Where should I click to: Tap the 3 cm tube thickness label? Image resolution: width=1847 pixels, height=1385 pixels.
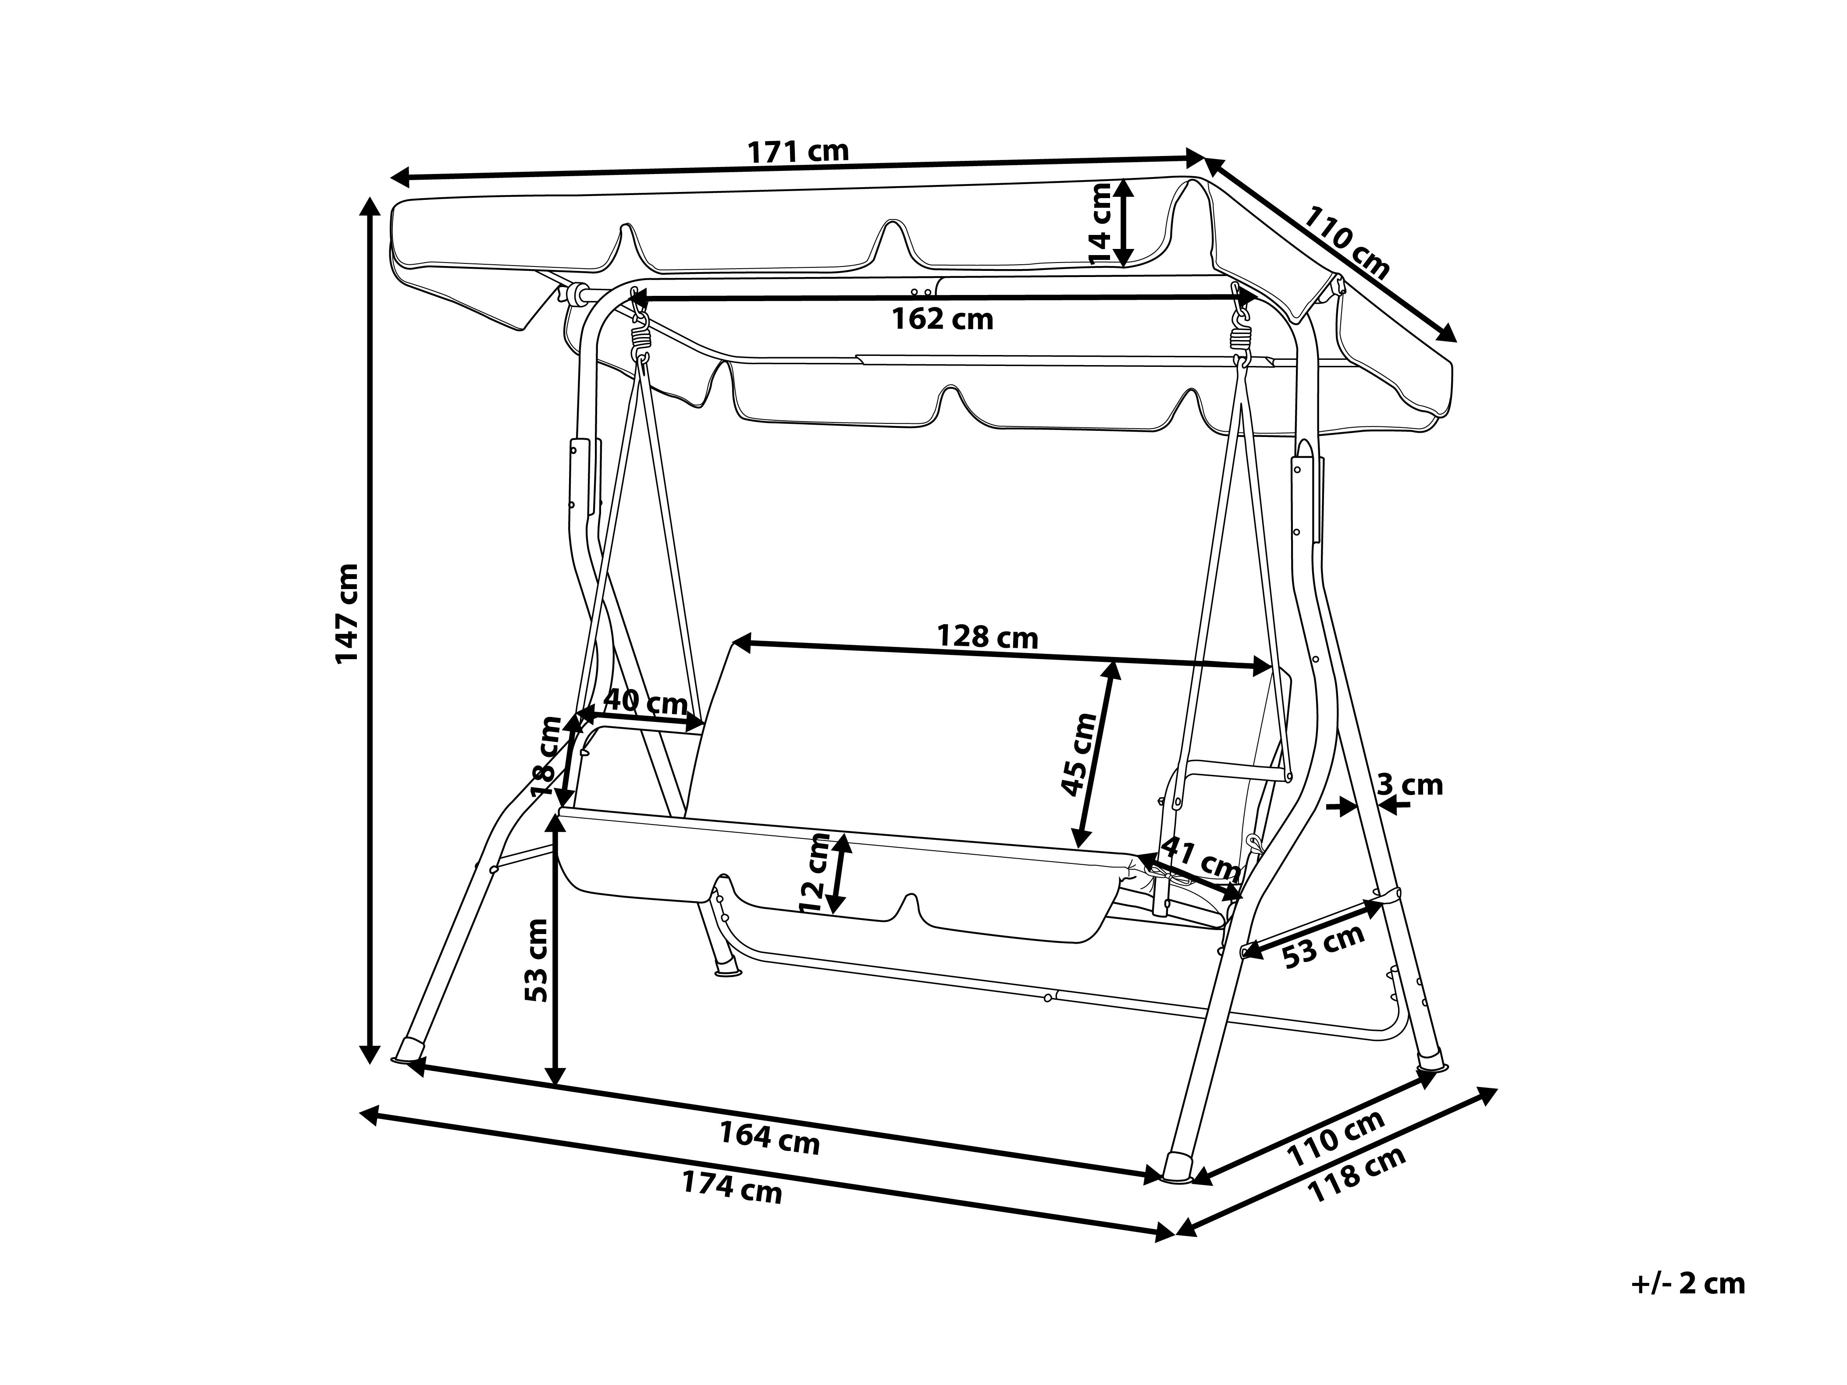point(1409,785)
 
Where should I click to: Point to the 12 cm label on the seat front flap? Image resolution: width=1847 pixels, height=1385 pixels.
point(814,872)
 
